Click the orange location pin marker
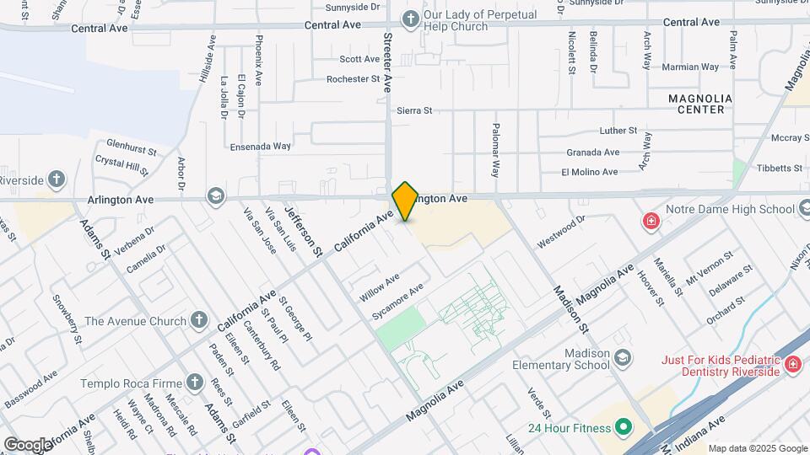click(405, 201)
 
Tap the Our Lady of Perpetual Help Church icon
click(410, 19)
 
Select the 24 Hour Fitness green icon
click(624, 427)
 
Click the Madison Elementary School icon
click(623, 358)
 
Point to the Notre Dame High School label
click(730, 209)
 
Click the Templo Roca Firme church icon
click(195, 383)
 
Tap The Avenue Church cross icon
click(198, 320)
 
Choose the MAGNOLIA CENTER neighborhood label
click(699, 104)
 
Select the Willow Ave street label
click(379, 288)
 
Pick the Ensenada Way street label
click(260, 146)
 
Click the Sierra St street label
click(413, 110)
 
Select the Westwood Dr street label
click(561, 231)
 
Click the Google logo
click(28, 444)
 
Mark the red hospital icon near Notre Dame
click(651, 222)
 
